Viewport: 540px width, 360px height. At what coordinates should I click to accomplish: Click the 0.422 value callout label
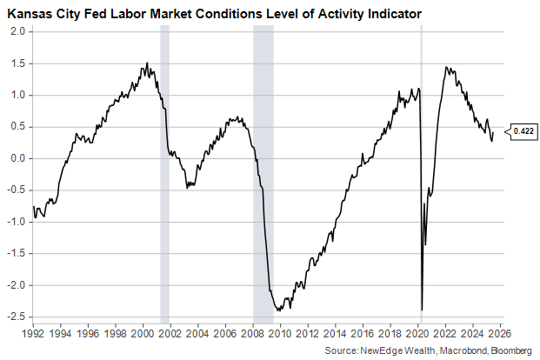tap(523, 131)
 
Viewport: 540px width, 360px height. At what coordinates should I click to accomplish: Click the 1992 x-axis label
tap(33, 332)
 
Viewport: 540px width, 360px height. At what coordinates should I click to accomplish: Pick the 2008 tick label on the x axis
tap(252, 332)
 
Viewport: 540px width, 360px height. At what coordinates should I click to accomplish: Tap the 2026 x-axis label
tap(499, 332)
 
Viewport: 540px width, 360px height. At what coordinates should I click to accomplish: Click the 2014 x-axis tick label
tap(335, 332)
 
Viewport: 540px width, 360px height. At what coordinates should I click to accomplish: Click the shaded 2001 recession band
tap(164, 174)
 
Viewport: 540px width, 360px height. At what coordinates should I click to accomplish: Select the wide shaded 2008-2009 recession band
tap(263, 174)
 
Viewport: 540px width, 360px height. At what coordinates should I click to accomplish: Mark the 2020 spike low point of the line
tap(422, 310)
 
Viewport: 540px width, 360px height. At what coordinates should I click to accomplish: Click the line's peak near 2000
tap(146, 63)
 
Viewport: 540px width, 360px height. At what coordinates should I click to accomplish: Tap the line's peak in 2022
tap(446, 67)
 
